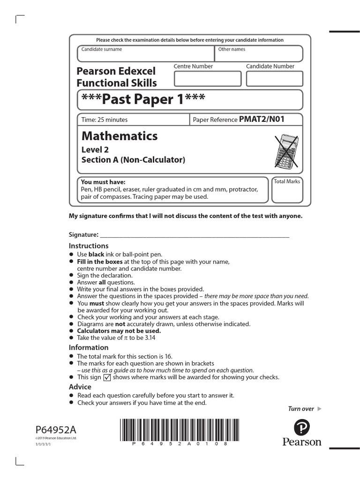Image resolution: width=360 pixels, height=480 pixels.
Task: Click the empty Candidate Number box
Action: pos(274,79)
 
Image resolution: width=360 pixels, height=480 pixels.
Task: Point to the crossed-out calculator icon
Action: pos(286,151)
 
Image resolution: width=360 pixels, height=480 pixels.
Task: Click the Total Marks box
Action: pos(287,193)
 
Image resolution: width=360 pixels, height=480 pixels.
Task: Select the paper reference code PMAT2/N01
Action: pos(262,120)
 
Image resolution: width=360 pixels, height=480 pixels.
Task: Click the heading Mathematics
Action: pos(120,136)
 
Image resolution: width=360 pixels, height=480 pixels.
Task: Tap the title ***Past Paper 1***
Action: pos(143,99)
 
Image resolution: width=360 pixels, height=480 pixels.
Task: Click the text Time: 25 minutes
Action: pos(105,120)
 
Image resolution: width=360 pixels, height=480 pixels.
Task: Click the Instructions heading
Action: pos(89,246)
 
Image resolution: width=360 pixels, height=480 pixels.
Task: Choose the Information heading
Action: pos(89,347)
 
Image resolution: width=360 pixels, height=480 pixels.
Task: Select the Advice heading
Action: pos(80,387)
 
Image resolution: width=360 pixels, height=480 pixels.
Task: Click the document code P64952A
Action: pos(55,430)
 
